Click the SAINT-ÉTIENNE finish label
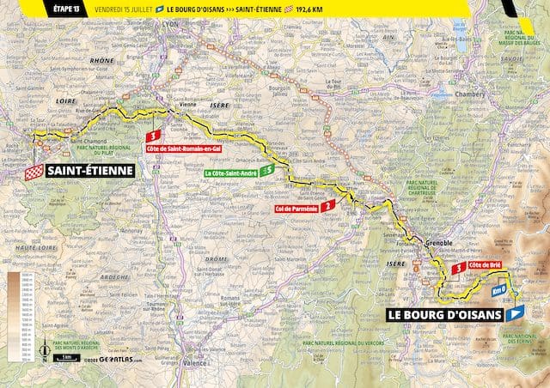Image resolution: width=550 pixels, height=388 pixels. click(x=89, y=171)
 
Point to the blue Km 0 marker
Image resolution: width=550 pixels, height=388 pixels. click(x=498, y=290)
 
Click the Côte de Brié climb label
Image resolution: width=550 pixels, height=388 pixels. click(x=486, y=266)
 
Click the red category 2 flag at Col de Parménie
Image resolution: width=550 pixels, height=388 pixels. click(x=329, y=206)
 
